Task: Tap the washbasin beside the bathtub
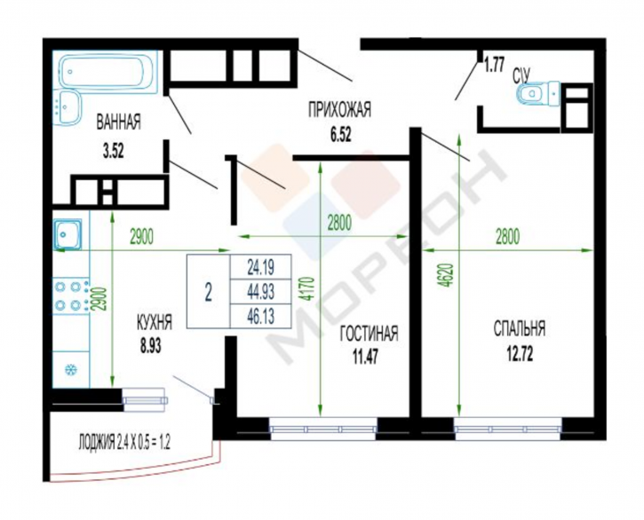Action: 67,106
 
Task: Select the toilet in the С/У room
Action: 538,93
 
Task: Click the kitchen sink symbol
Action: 68,234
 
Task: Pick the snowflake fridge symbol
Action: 71,369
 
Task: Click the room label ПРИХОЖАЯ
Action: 339,110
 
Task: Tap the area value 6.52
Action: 341,134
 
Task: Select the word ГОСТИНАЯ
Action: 369,333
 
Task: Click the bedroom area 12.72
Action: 519,353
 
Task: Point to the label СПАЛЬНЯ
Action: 519,329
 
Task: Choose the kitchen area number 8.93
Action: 151,346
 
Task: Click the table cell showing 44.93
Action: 261,292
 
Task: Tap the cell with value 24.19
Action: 261,267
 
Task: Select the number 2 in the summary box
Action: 208,293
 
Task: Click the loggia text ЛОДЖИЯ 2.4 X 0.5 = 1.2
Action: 124,443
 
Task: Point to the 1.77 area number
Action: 494,66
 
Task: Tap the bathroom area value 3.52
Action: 114,152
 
